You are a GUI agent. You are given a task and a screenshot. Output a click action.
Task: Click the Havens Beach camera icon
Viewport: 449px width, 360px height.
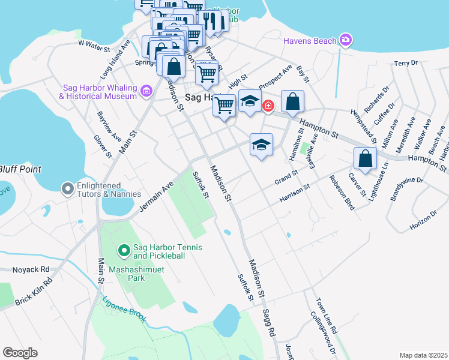pos(345,41)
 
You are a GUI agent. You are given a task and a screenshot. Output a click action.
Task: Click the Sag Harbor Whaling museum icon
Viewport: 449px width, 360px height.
pos(146,91)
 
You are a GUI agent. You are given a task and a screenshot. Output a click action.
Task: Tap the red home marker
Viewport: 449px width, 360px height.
pos(268,106)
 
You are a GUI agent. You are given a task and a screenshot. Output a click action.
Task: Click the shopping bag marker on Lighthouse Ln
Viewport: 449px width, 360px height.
pos(365,159)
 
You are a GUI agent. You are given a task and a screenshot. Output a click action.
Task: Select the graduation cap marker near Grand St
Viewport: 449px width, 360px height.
pos(261,145)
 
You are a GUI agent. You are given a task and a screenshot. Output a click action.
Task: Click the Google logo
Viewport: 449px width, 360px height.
pos(20,353)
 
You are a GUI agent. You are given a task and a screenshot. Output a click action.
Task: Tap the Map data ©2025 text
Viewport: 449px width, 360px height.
pos(423,355)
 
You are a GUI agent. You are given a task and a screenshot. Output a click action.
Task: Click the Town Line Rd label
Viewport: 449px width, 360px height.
pos(327,316)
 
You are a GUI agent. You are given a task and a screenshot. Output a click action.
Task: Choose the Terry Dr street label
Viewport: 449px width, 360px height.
pos(405,63)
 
